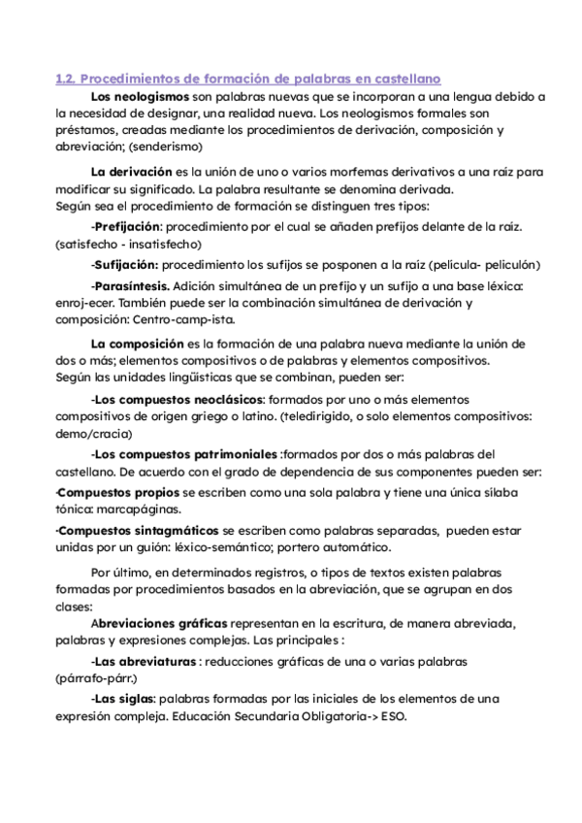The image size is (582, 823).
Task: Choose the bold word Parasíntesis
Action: point(131,286)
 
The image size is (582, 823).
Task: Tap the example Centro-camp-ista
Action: point(180,319)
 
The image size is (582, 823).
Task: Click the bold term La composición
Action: point(137,344)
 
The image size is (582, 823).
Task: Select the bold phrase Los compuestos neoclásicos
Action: point(178,399)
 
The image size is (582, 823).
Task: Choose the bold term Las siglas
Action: point(123,700)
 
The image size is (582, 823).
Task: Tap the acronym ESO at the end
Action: point(393,717)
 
